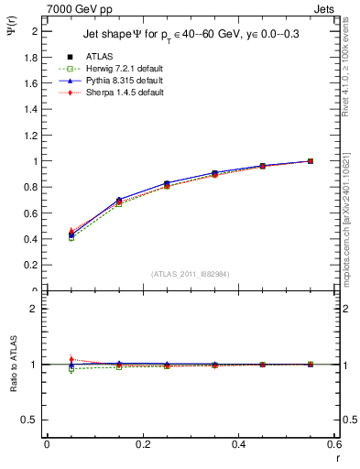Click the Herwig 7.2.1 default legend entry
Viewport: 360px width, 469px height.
[115, 70]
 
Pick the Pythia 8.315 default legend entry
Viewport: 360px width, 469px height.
[115, 81]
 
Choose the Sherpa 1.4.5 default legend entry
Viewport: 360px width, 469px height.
[115, 93]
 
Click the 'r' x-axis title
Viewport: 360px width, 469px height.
[336, 458]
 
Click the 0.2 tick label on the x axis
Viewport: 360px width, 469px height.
[142, 444]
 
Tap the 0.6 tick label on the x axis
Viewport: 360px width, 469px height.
[334, 444]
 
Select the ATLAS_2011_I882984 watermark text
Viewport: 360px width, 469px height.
[190, 274]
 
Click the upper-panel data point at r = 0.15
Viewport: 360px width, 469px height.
[118, 201]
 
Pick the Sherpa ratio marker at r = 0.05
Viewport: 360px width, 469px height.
[71, 359]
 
